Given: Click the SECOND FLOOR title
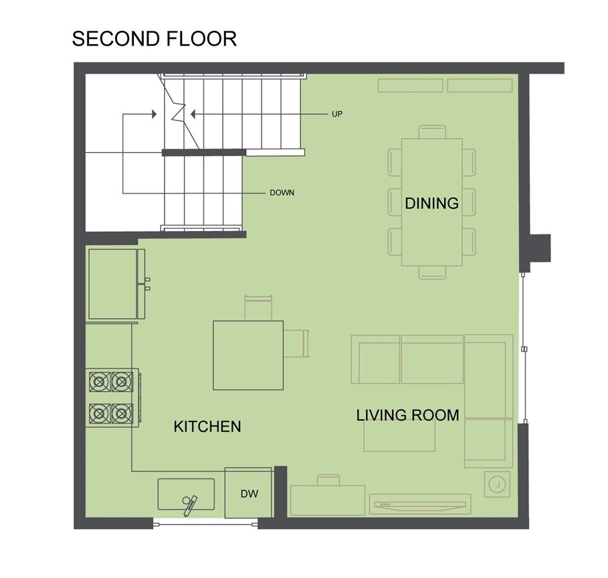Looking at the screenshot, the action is pyautogui.click(x=155, y=39).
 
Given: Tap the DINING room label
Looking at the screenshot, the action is pyautogui.click(x=431, y=204).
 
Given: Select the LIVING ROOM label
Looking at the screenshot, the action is pyautogui.click(x=407, y=415).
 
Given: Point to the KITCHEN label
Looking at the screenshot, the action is pyautogui.click(x=207, y=427).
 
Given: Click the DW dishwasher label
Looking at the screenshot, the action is pyautogui.click(x=249, y=494).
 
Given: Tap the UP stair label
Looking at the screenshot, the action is pyautogui.click(x=337, y=114).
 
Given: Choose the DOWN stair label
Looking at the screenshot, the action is pyautogui.click(x=282, y=193).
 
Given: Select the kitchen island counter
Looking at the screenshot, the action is pyautogui.click(x=248, y=355).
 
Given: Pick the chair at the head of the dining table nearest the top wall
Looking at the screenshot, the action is pyautogui.click(x=432, y=131).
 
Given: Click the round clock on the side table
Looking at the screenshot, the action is pyautogui.click(x=497, y=484).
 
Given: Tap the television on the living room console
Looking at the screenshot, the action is pyautogui.click(x=420, y=504).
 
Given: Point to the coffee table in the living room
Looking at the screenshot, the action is pyautogui.click(x=399, y=435).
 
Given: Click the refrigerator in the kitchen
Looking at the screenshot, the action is pyautogui.click(x=113, y=284).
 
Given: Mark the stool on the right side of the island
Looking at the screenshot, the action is pyautogui.click(x=296, y=343).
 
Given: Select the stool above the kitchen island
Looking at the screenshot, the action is pyautogui.click(x=258, y=308).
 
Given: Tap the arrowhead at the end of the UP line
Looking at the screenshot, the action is pyautogui.click(x=193, y=114).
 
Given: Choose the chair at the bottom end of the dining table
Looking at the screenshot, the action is pyautogui.click(x=432, y=273).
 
